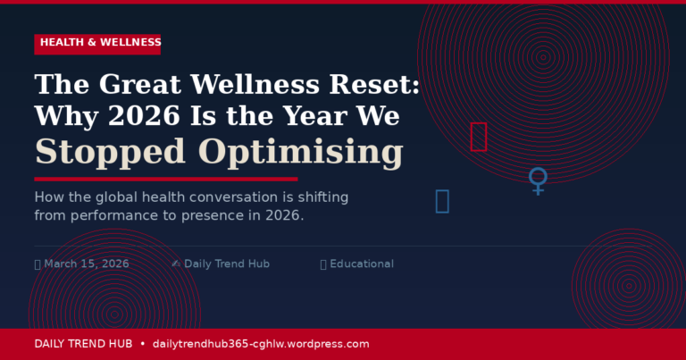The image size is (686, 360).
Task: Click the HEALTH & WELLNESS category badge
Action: [x=98, y=43]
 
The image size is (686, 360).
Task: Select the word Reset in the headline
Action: [x=376, y=86]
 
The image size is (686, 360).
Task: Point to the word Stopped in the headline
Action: [x=111, y=152]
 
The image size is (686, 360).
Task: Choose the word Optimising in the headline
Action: [x=300, y=152]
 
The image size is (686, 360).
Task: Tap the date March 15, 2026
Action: [x=87, y=264]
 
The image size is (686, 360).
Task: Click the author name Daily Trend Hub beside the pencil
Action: [x=227, y=264]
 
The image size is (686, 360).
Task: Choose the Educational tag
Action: [x=362, y=264]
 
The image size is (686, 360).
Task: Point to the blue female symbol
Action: [x=538, y=180]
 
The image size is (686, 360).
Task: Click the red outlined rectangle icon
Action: [x=479, y=137]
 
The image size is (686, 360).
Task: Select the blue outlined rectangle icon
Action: [x=442, y=201]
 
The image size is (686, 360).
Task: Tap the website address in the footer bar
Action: [x=261, y=344]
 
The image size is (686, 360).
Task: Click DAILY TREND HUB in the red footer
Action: [x=83, y=344]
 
